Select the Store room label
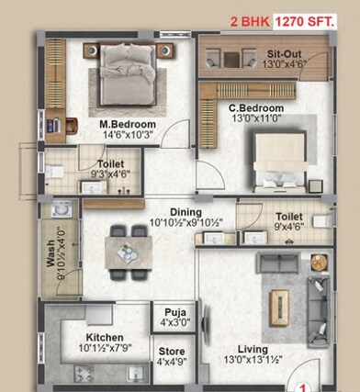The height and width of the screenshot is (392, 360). tap(172, 352)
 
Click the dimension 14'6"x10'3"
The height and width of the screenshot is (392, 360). tap(129, 135)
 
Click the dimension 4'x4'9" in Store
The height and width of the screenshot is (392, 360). tap(172, 363)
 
